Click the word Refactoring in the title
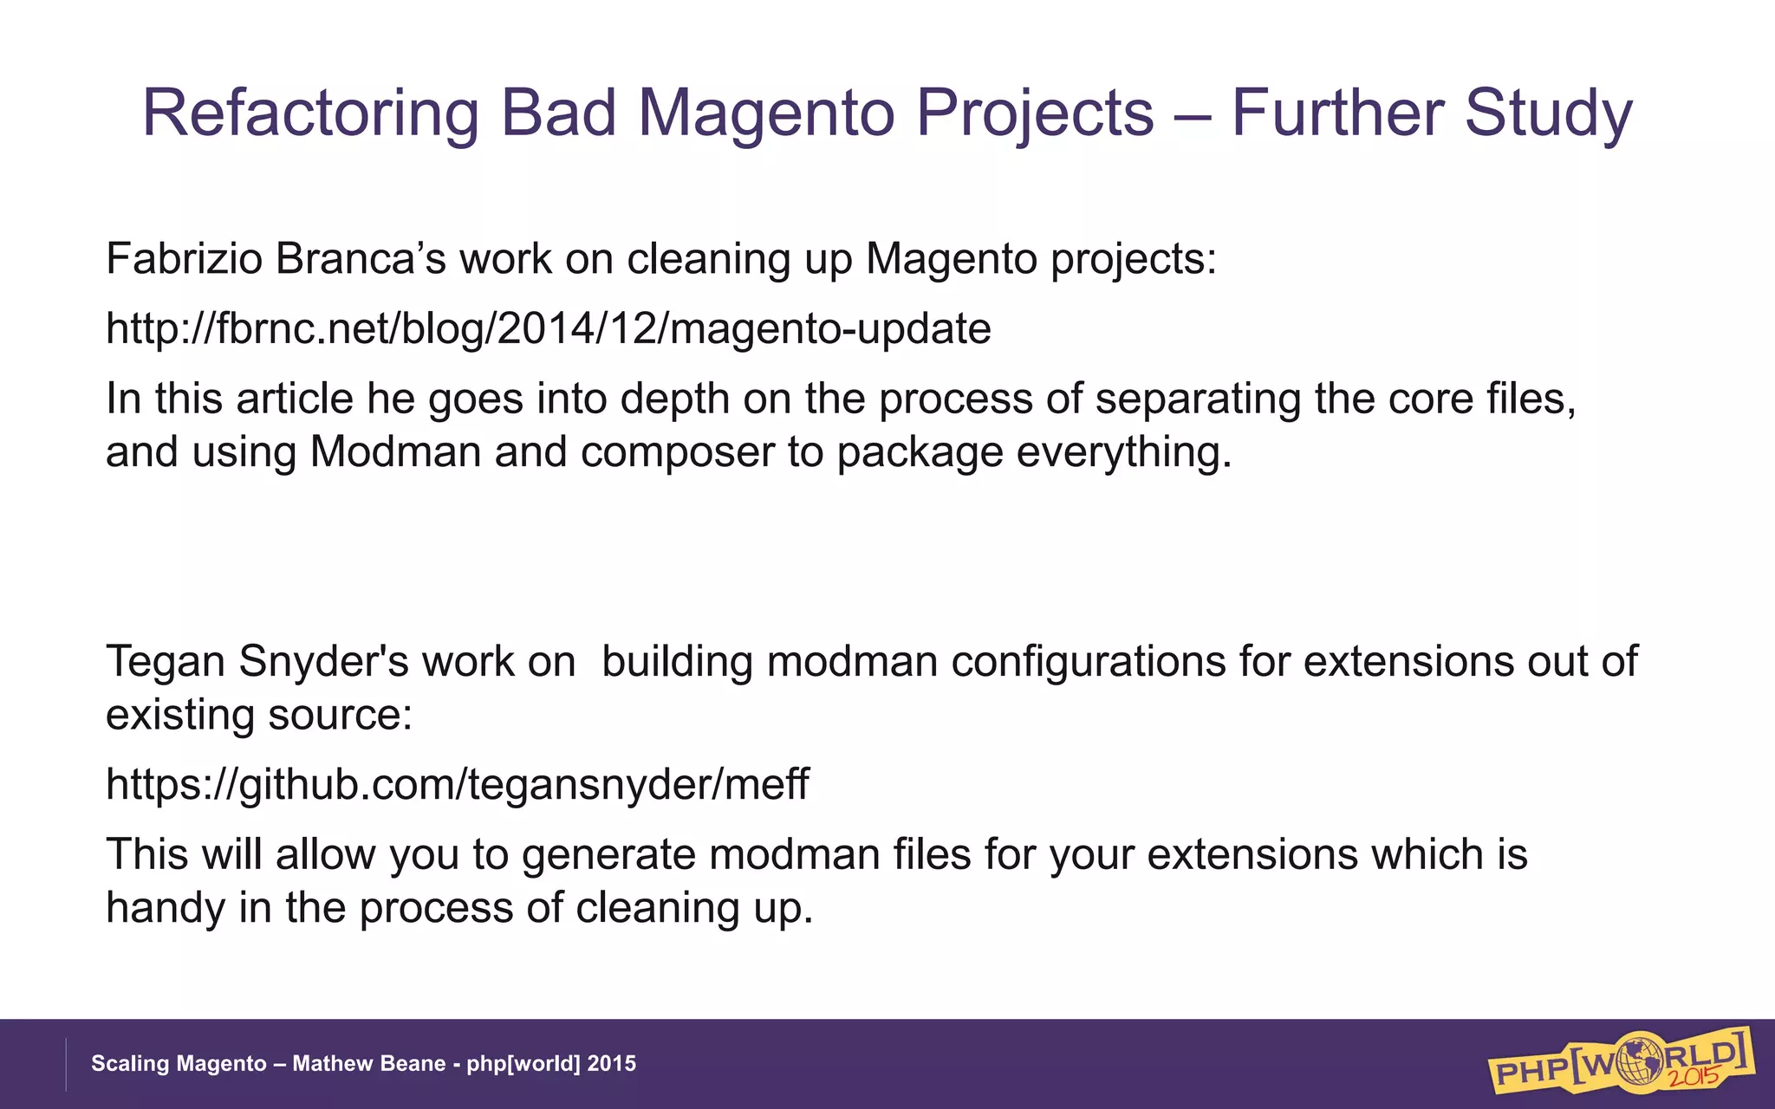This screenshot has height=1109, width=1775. coord(309,113)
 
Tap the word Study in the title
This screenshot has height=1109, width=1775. coord(1548,113)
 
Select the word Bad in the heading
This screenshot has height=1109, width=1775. coord(558,113)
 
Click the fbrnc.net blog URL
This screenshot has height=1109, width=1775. coord(548,329)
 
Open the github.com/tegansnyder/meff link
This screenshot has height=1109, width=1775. coord(457,784)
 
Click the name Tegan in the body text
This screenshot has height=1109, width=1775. coord(165,662)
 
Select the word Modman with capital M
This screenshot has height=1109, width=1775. coord(395,452)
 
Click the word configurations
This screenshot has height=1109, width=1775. coord(1089,662)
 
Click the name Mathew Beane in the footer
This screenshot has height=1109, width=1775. coord(369,1064)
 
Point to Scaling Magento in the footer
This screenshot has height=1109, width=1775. coord(179,1064)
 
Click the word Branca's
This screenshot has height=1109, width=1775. coord(361,259)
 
